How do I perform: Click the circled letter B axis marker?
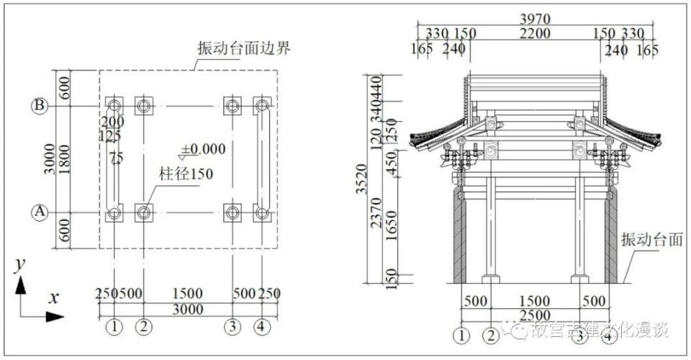[40, 106]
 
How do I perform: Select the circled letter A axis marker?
[40, 212]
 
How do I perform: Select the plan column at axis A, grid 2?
[144, 212]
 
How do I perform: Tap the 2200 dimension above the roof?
[534, 33]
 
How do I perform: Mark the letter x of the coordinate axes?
[53, 297]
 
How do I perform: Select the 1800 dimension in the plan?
[64, 159]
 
